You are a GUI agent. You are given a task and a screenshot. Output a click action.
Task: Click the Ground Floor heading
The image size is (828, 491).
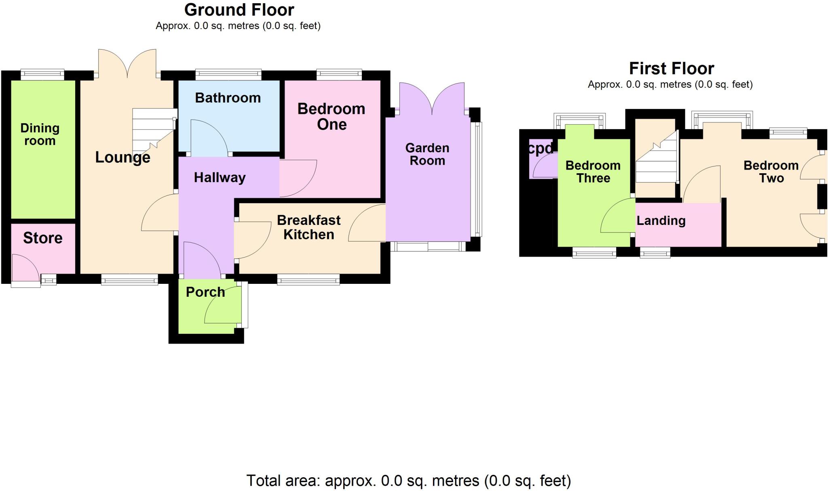point(239,10)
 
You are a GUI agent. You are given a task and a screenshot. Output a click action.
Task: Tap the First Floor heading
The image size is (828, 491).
point(672,69)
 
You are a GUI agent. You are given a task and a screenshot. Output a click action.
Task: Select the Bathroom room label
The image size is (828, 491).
point(228,98)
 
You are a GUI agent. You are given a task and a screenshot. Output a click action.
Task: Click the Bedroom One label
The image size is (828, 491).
point(332,116)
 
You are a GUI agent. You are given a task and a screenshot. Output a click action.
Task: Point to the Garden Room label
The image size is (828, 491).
point(427,154)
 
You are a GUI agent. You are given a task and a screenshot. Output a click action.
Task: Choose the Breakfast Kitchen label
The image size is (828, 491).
point(309,227)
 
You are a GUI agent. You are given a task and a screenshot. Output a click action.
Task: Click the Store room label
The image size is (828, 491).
point(43,238)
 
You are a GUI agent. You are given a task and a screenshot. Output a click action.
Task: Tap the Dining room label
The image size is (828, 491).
point(40,134)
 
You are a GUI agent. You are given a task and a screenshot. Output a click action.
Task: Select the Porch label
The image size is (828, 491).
point(205,292)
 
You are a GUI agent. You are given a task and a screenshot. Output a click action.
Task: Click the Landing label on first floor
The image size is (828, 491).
point(661,220)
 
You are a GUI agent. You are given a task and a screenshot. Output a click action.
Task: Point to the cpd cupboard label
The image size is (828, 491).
point(541,149)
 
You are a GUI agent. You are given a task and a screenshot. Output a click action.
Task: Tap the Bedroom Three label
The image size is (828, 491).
point(593,172)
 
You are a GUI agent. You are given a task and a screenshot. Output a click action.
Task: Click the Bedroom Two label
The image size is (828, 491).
point(771,172)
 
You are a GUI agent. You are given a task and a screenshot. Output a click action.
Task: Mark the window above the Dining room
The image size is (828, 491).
point(42,74)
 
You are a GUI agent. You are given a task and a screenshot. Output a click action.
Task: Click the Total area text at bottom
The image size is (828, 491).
point(408,481)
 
